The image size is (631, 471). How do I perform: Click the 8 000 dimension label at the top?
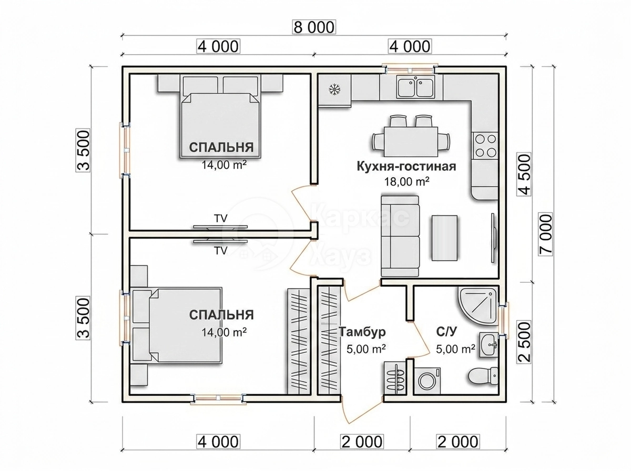pyautogui.click(x=314, y=27)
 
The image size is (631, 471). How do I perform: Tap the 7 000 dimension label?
pyautogui.click(x=546, y=234)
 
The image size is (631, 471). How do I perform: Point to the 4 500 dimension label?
pyautogui.click(x=524, y=175)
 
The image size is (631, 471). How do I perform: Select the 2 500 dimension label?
pyautogui.click(x=524, y=342)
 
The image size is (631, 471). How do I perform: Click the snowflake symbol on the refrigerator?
pyautogui.click(x=334, y=89)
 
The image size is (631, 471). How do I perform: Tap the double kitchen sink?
pyautogui.click(x=415, y=87)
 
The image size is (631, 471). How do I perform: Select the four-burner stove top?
pyautogui.click(x=485, y=146)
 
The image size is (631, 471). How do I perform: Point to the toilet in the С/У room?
pyautogui.click(x=483, y=376)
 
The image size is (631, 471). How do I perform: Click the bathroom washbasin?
pyautogui.click(x=488, y=345)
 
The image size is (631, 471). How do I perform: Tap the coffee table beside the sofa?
pyautogui.click(x=444, y=238)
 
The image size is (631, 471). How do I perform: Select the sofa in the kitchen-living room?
pyautogui.click(x=400, y=236)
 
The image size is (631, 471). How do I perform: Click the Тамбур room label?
pyautogui.click(x=362, y=332)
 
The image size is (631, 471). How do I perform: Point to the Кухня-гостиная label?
pyautogui.click(x=406, y=167)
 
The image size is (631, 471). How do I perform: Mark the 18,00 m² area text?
pyautogui.click(x=407, y=181)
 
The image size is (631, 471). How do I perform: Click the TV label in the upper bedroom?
pyautogui.click(x=221, y=218)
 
